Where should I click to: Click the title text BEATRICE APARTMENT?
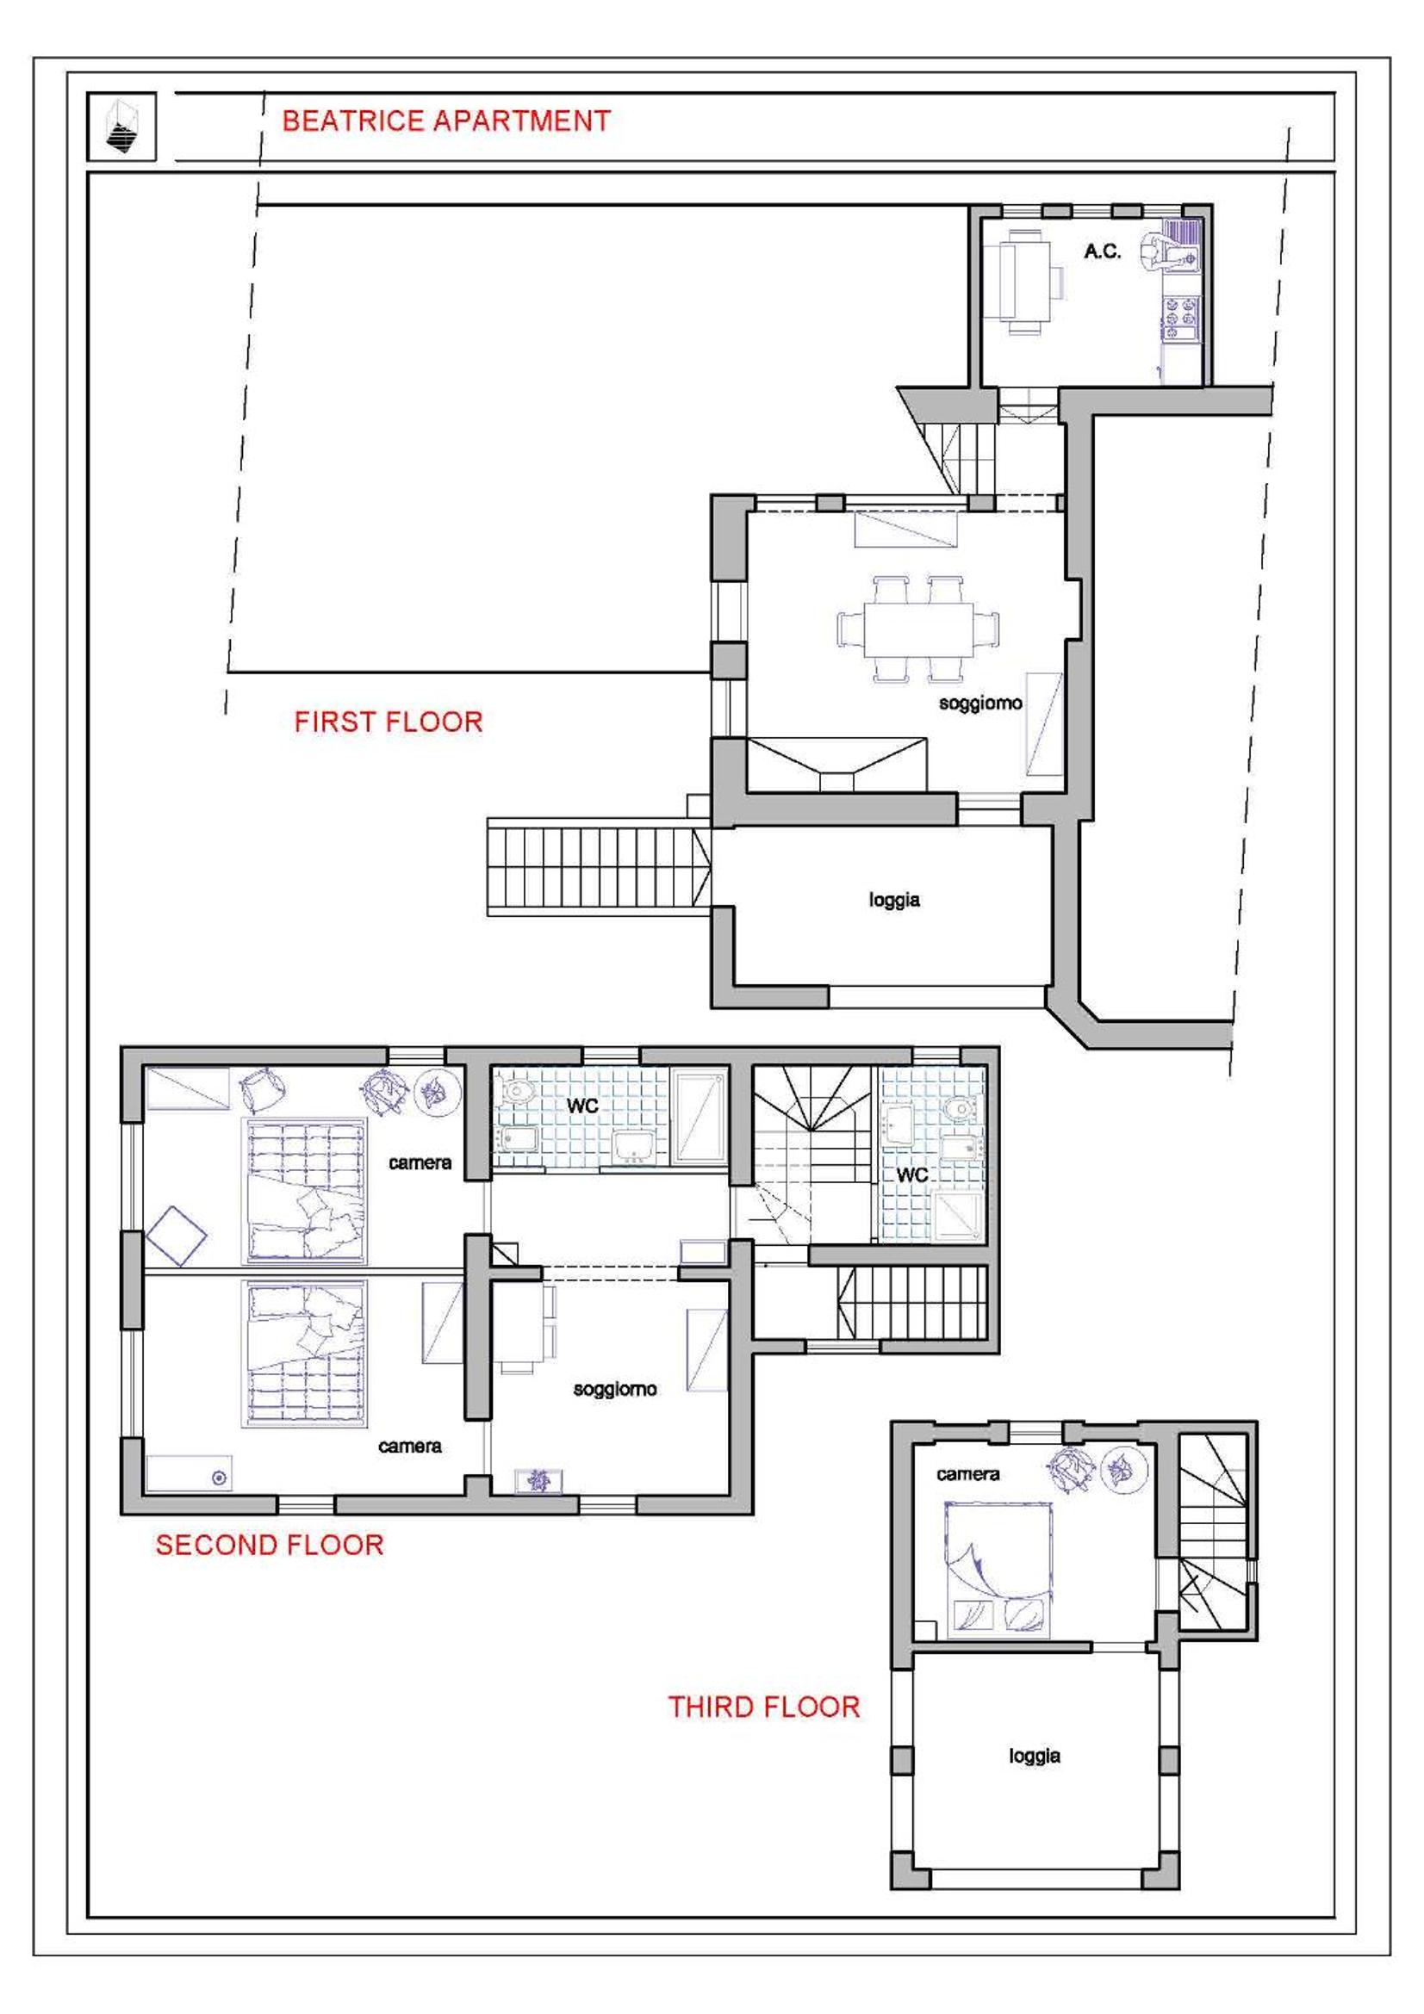tap(445, 121)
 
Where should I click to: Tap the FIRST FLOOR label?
tap(389, 722)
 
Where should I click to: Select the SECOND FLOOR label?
tap(270, 1545)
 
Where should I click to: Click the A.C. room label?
tap(1102, 251)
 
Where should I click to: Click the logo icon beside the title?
tap(122, 127)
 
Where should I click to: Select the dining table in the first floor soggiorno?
tap(918, 629)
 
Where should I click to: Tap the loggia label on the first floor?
tap(894, 900)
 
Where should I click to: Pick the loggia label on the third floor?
tap(1035, 1756)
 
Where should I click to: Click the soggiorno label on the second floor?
tap(615, 1389)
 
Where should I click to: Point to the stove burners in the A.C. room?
tap(1180, 318)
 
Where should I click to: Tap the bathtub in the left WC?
tap(700, 1116)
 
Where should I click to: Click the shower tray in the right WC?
tap(959, 1217)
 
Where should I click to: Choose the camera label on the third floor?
tap(967, 1474)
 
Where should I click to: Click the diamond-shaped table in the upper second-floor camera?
tap(177, 1236)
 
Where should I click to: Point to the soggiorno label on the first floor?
tap(980, 703)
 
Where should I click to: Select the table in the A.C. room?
tap(1025, 282)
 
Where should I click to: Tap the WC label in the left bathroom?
tap(582, 1106)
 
